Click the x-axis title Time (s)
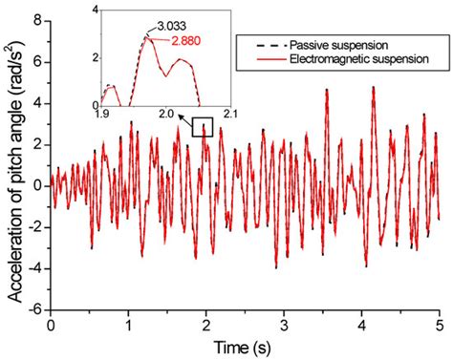pos(245,345)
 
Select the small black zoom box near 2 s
pos(202,127)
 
